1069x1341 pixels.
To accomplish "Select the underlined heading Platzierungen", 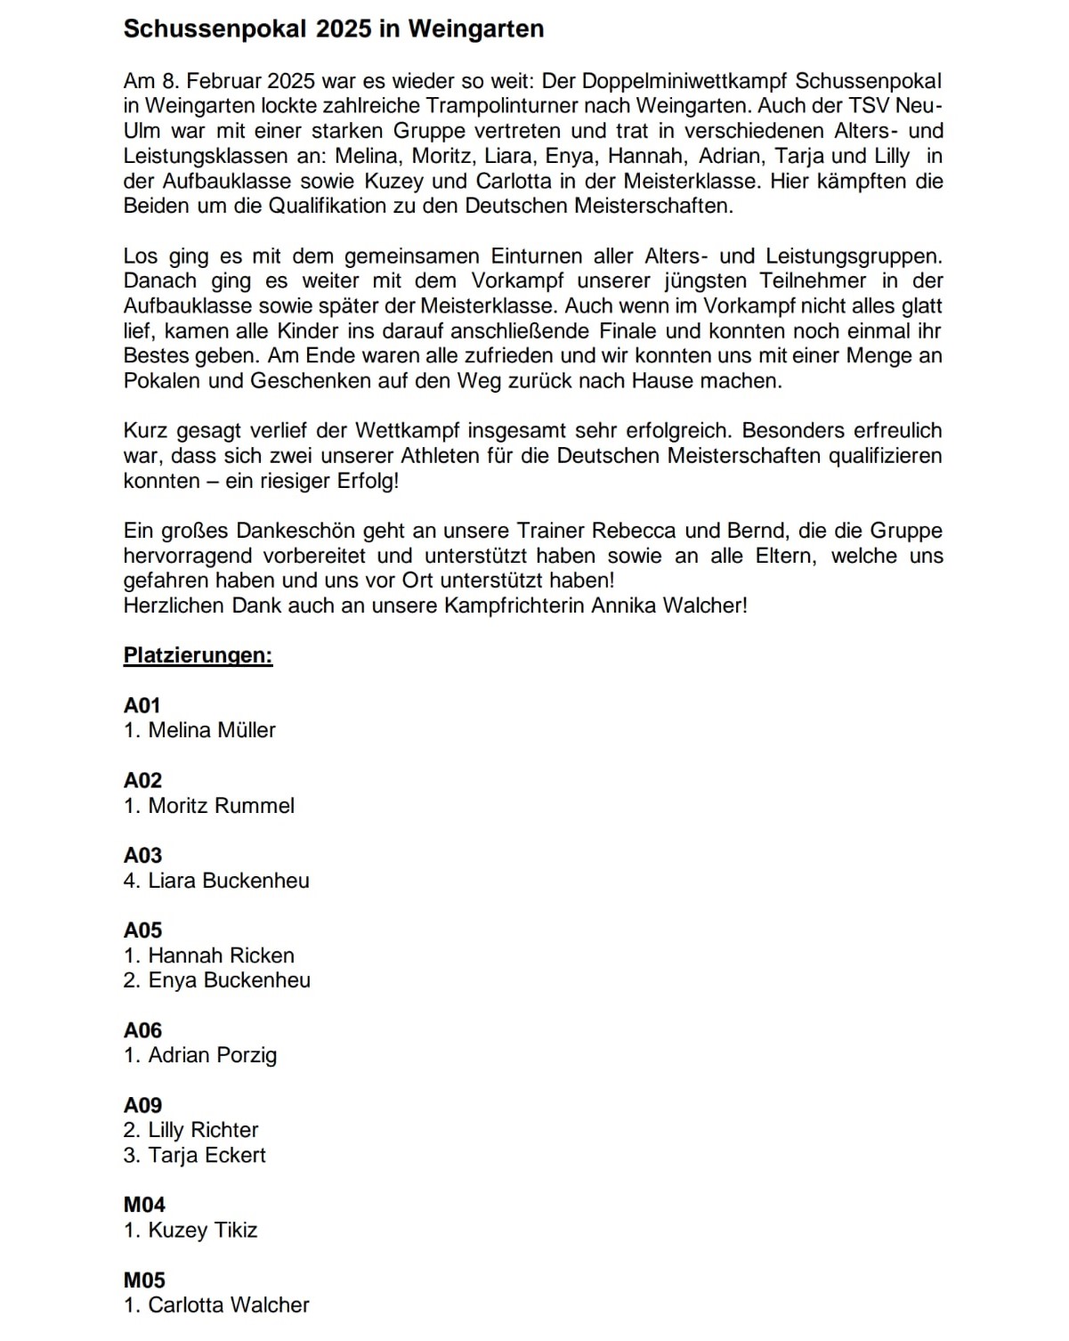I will point(198,656).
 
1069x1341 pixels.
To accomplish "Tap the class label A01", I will point(142,705).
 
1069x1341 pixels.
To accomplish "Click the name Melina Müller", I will point(212,730).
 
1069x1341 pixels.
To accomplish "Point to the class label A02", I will point(142,781).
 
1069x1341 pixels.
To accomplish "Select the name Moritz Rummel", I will point(221,806).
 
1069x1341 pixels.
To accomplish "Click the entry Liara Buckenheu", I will point(229,881).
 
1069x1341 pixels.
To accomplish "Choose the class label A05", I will point(142,931).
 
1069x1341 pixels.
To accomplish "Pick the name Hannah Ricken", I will point(221,955).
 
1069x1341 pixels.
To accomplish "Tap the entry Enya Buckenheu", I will point(229,980).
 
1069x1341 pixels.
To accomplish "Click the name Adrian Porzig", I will point(212,1055).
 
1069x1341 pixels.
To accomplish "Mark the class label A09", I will point(142,1105).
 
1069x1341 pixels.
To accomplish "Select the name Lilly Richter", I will point(203,1130).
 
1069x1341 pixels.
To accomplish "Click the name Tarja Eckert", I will point(207,1155).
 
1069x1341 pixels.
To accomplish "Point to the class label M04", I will point(144,1205).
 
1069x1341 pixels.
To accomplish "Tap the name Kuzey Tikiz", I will point(202,1230).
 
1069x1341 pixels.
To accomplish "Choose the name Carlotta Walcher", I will point(229,1304).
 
